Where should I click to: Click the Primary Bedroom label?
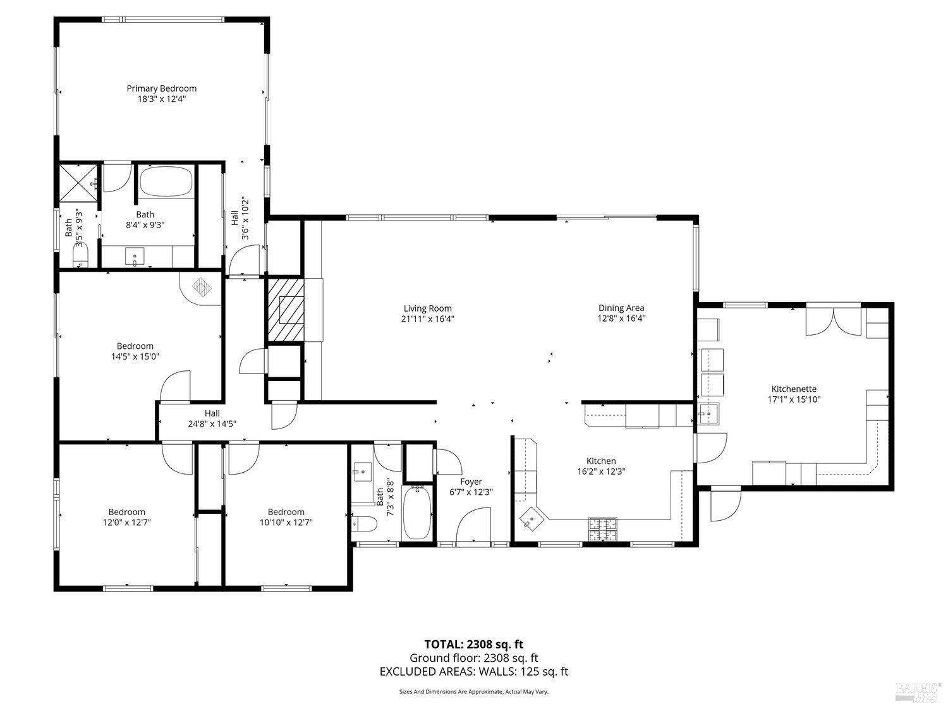(161, 88)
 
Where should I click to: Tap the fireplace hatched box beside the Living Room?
(284, 310)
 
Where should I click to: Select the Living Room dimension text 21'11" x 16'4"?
(428, 319)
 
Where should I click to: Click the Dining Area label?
(621, 308)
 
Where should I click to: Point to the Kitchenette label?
(794, 389)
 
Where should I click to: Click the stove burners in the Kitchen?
(602, 529)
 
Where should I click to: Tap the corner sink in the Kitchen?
(531, 520)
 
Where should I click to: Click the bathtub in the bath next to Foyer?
(416, 513)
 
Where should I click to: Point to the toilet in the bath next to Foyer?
(365, 523)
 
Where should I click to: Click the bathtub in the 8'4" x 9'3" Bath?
(165, 182)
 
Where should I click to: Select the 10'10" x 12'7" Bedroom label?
(286, 512)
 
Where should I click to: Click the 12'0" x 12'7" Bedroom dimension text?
(126, 522)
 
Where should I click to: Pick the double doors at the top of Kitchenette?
(834, 320)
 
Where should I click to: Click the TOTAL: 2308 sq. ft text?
(473, 645)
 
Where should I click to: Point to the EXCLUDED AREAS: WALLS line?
(473, 671)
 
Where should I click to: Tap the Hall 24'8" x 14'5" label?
(212, 418)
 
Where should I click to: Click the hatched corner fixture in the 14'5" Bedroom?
(202, 287)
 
